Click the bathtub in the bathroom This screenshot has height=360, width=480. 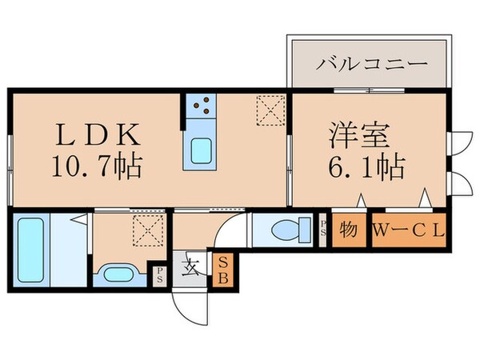30,250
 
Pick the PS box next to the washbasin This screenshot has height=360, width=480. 160,277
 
